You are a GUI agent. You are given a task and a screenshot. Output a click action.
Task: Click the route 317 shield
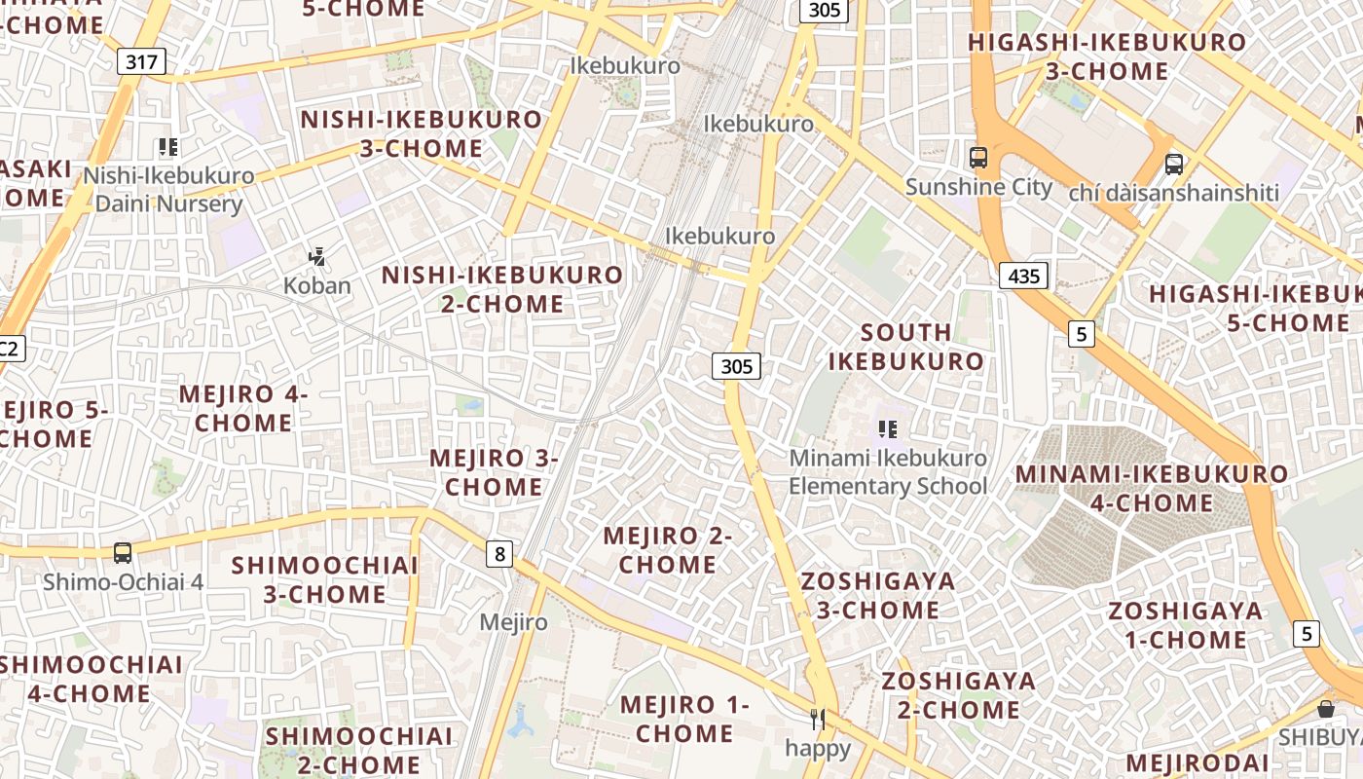(141, 62)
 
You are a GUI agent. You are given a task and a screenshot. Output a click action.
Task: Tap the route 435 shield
(1023, 276)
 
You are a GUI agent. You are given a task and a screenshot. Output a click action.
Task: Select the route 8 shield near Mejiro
(499, 554)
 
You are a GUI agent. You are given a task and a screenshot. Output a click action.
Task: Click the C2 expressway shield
(10, 348)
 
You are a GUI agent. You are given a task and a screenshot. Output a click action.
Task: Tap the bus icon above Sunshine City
(978, 157)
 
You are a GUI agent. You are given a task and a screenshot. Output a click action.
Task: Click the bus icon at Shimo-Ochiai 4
(123, 552)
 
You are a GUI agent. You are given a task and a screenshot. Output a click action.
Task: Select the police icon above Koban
(316, 257)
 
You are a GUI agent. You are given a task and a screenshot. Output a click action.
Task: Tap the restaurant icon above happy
(818, 720)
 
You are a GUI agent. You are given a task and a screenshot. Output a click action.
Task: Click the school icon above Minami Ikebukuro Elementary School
(887, 428)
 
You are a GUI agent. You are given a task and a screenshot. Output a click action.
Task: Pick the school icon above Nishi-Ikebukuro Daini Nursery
(168, 147)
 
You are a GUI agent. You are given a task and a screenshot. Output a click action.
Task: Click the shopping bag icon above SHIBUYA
(1325, 708)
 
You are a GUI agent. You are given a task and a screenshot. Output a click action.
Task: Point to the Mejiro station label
(514, 622)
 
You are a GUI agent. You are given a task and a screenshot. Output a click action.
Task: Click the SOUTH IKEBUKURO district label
(906, 347)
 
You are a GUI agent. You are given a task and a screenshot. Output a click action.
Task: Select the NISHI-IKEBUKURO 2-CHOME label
(502, 289)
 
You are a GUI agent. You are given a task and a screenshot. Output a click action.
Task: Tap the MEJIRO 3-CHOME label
(494, 472)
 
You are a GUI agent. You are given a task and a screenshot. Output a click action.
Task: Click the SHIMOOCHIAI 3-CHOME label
(325, 579)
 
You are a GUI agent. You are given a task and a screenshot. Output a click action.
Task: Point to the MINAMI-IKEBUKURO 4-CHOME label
(1152, 489)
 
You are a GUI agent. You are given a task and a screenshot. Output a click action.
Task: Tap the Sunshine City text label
(978, 187)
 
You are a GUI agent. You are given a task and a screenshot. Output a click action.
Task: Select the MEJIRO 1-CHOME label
(684, 719)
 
